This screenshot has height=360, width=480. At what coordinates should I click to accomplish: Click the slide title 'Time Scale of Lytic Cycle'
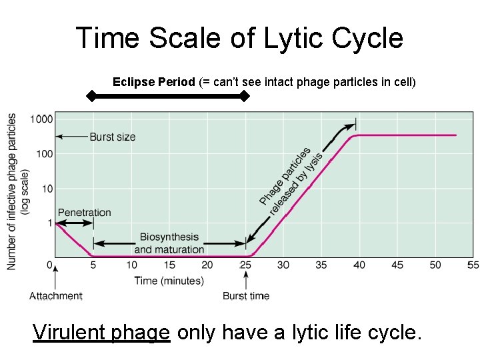(239, 38)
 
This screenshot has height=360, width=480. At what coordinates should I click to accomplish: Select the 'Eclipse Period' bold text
(154, 82)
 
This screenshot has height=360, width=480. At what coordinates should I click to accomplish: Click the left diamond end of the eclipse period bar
(92, 97)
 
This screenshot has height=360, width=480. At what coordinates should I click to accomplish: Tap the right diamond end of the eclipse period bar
(245, 97)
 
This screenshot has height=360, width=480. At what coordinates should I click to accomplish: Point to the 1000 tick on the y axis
(41, 119)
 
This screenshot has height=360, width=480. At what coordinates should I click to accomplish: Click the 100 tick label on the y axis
(43, 154)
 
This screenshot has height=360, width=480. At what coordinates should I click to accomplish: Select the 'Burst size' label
(112, 137)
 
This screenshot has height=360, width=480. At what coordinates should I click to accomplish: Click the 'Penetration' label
(85, 213)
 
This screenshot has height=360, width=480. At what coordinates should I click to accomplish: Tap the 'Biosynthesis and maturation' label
(169, 243)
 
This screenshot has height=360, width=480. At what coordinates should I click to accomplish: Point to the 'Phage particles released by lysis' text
(291, 181)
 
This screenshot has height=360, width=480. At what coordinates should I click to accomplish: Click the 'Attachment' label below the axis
(56, 296)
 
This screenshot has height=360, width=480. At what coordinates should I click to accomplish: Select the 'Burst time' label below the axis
(246, 296)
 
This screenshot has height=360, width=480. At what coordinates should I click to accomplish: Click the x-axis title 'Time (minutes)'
(169, 281)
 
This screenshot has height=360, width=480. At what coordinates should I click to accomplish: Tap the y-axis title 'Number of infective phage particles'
(13, 191)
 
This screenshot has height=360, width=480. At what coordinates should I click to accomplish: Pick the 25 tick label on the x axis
(246, 265)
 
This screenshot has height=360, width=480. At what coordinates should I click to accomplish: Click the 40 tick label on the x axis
(359, 265)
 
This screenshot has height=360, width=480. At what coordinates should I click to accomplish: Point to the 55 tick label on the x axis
(473, 265)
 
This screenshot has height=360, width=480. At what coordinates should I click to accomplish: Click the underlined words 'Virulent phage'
(102, 331)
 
